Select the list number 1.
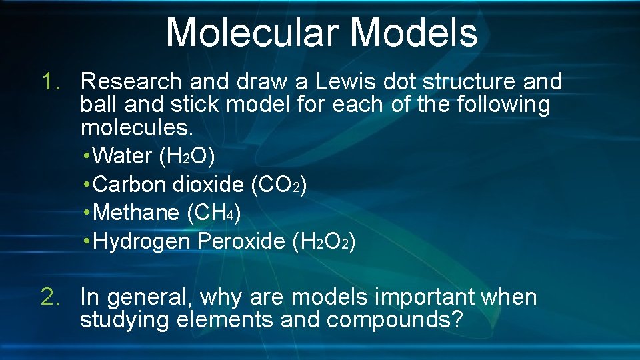51,82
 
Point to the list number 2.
51,297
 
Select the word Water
123,156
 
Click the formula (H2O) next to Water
187,156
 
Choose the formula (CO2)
279,185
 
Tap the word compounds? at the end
395,320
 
